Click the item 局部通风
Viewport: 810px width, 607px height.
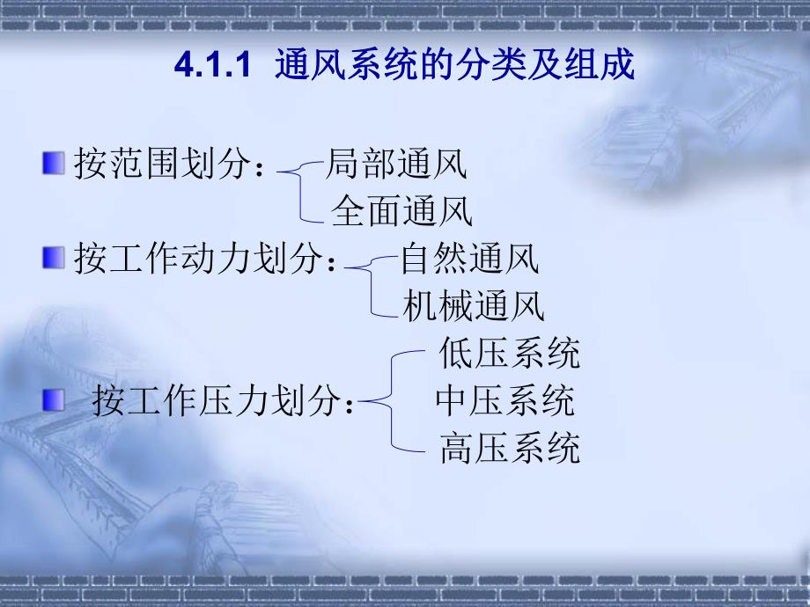pyautogui.click(x=395, y=163)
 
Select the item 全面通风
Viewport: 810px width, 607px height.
pyautogui.click(x=401, y=211)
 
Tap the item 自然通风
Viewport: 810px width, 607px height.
pyautogui.click(x=469, y=260)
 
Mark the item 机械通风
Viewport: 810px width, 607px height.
pyautogui.click(x=474, y=306)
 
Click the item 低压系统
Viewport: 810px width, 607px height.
pyautogui.click(x=510, y=354)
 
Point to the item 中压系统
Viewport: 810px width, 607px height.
pyautogui.click(x=504, y=401)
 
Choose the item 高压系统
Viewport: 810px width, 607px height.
pyautogui.click(x=510, y=449)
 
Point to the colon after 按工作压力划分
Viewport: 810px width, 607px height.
pyautogui.click(x=350, y=406)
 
